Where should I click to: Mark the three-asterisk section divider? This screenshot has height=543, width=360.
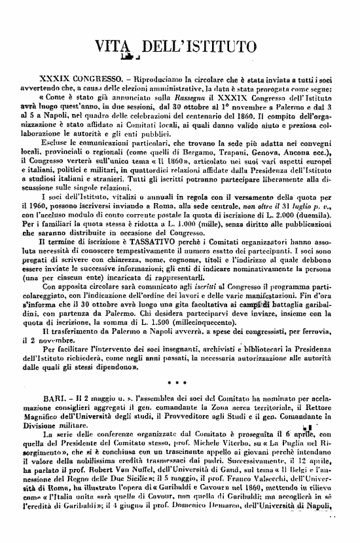point(180,380)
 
